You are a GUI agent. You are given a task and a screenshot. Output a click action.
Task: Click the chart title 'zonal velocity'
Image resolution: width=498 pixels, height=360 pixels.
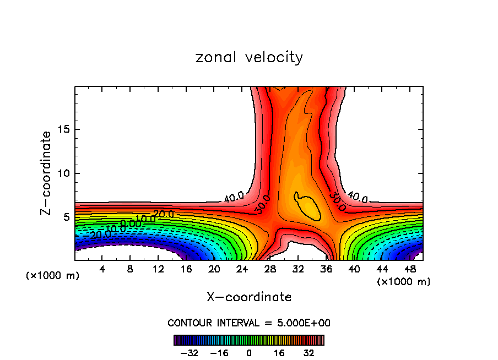tap(249, 57)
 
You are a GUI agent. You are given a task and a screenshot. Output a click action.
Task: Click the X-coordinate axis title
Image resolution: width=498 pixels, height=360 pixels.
tap(249, 297)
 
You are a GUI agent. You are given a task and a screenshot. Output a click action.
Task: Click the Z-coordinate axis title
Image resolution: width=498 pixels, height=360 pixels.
tap(47, 173)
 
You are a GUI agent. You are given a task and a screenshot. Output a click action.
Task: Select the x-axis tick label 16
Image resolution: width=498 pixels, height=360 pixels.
tap(186, 269)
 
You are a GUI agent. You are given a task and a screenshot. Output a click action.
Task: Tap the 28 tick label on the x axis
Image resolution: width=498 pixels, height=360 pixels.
tap(270, 269)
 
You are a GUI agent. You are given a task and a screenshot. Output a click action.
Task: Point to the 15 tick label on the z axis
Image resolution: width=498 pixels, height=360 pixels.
tap(64, 129)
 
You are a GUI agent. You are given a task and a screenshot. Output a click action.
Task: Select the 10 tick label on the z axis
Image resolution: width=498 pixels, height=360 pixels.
tap(64, 173)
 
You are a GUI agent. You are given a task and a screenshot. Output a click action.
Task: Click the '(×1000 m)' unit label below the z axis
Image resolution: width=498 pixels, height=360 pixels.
tap(53, 276)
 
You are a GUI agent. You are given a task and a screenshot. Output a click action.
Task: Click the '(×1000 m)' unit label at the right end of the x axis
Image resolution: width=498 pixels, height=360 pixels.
tap(404, 281)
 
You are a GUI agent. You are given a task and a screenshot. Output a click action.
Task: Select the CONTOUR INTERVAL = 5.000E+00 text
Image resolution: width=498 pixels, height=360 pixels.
tap(249, 323)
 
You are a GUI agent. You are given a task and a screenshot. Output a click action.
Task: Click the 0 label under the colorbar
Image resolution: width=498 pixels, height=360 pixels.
tap(249, 352)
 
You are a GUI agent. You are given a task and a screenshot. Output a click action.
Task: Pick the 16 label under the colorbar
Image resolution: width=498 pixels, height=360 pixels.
tap(278, 352)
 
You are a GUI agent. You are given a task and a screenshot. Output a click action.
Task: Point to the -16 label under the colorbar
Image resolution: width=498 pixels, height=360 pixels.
tap(219, 352)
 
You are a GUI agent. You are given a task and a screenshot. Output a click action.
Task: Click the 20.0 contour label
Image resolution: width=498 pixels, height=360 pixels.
tap(164, 214)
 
